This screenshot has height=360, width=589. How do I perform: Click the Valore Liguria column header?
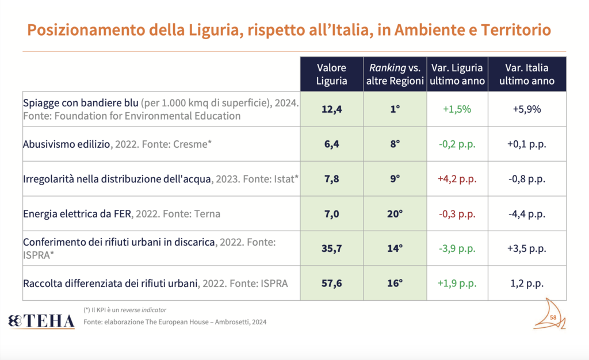click(331, 74)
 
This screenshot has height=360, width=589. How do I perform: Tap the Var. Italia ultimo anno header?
click(526, 74)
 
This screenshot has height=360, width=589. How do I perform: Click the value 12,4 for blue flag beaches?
click(331, 109)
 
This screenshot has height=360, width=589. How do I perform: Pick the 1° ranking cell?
click(395, 109)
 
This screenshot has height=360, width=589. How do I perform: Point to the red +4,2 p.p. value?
click(457, 179)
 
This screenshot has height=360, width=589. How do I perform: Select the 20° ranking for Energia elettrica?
click(395, 214)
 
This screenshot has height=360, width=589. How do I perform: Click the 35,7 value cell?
click(331, 248)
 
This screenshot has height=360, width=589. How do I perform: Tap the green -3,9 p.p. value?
click(457, 248)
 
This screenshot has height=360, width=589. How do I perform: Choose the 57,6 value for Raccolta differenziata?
click(331, 283)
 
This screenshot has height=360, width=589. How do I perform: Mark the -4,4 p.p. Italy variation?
click(526, 214)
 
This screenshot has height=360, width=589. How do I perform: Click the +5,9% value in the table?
click(526, 109)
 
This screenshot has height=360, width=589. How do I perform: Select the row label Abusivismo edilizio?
click(66, 144)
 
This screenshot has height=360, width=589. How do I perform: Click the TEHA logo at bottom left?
click(41, 321)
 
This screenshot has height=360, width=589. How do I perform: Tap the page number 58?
click(553, 317)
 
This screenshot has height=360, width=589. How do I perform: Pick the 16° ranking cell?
click(395, 283)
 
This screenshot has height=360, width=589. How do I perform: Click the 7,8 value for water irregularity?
click(331, 179)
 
